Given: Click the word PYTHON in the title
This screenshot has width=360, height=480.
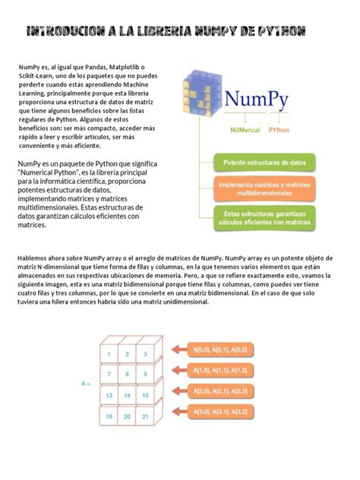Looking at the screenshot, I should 283,32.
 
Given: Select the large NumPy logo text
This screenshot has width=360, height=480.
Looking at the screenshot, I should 261,101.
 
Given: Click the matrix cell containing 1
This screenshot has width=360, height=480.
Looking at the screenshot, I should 109,354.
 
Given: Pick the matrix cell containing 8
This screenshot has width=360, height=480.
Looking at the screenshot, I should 128,374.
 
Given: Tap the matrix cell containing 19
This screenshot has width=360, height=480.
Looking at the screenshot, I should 109,417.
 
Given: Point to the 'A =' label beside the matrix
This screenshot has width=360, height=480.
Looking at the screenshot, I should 86,384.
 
